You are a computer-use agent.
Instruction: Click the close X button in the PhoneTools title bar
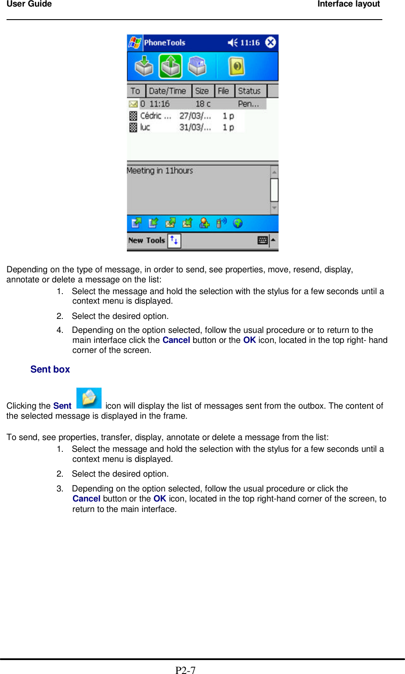pos(270,42)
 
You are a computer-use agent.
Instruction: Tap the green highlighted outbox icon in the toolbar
pos(170,66)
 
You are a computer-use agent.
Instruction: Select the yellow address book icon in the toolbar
pos(236,66)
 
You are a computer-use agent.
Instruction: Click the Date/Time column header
pos(167,91)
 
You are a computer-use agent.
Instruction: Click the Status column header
pos(249,91)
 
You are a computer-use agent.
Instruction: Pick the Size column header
pos(202,91)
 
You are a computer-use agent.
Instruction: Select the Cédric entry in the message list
pos(155,116)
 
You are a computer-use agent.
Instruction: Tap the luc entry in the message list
pos(145,127)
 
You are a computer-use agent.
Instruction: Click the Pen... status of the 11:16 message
pos(248,104)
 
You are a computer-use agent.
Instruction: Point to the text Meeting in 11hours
pos(160,171)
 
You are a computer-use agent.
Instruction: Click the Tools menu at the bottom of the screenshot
pos(155,240)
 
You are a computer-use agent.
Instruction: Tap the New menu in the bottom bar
pos(136,240)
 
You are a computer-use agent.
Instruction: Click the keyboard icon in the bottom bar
pos(262,240)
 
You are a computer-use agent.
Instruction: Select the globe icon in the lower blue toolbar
pos(238,223)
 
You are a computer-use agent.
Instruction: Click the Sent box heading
pos(50,369)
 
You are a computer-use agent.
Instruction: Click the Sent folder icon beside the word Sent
pos(89,398)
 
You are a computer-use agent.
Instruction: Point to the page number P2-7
pos(185,670)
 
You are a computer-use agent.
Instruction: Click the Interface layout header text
pos(348,4)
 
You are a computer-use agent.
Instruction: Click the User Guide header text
pos(29,4)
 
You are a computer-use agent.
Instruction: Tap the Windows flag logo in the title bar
pos(135,43)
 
